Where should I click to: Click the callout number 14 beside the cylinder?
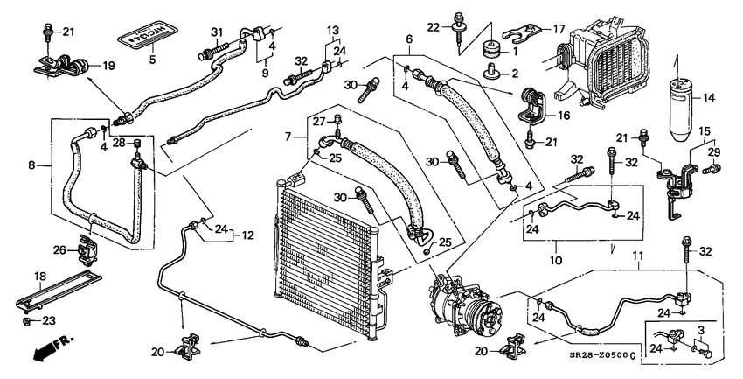[x=709, y=99]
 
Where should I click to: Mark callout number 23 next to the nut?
[x=49, y=320]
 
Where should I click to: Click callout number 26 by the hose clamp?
[x=59, y=250]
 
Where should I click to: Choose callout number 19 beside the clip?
[x=108, y=65]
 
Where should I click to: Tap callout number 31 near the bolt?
[x=217, y=32]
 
